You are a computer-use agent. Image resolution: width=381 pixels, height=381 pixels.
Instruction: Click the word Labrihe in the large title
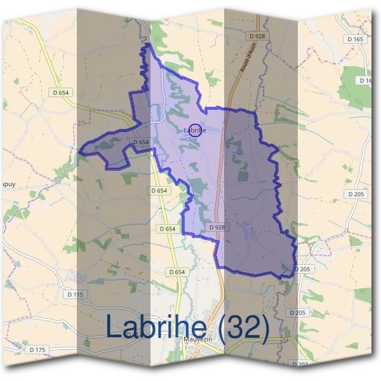pyautogui.click(x=156, y=327)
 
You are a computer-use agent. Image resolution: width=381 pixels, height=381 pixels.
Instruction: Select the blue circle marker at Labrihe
pyautogui.click(x=196, y=130)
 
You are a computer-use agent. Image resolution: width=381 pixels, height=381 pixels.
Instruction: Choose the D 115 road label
pyautogui.click(x=75, y=294)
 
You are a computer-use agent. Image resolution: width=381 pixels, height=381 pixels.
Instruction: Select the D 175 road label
pyautogui.click(x=37, y=349)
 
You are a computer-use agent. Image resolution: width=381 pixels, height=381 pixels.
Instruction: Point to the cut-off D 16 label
pyautogui.click(x=366, y=81)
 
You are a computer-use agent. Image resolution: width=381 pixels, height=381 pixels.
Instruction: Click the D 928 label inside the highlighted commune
pyautogui.click(x=217, y=227)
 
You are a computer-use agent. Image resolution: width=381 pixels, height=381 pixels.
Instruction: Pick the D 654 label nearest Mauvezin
pyautogui.click(x=178, y=272)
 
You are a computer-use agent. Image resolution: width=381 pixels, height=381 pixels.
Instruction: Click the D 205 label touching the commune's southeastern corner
pyautogui.click(x=303, y=269)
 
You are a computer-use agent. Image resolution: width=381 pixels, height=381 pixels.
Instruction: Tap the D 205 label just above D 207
pyautogui.click(x=297, y=312)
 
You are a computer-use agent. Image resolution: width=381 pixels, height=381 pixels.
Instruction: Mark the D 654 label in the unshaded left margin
pyautogui.click(x=62, y=92)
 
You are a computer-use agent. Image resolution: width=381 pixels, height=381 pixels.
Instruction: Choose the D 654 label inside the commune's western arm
pyautogui.click(x=141, y=142)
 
